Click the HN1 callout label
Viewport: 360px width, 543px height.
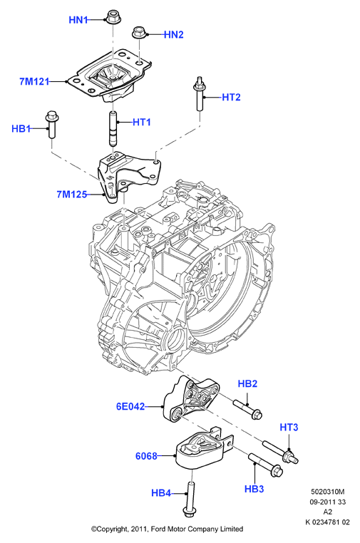coord(78,20)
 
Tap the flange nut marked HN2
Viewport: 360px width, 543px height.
coord(139,33)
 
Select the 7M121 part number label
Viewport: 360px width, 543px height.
coord(34,82)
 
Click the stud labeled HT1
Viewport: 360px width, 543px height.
coord(113,129)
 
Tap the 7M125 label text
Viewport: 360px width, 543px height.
coord(72,195)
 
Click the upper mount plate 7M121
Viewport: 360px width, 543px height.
coord(110,77)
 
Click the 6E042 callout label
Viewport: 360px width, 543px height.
coord(130,406)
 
